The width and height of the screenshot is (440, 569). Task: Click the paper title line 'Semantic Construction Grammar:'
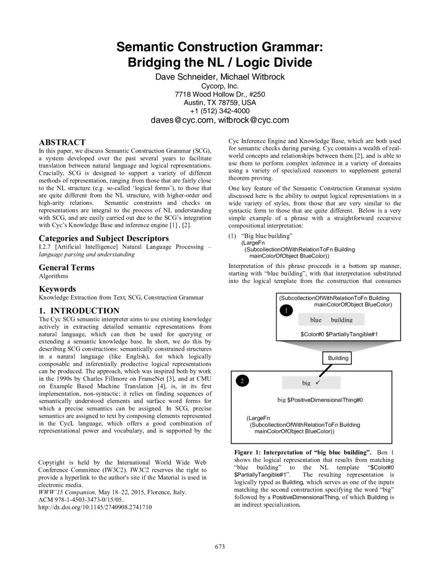tap(219, 48)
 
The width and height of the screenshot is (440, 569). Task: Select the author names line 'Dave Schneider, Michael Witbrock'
tap(219, 77)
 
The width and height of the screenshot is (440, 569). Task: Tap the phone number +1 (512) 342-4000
tap(219, 111)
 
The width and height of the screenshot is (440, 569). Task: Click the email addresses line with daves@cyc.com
tap(219, 121)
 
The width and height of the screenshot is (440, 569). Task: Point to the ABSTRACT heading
tap(62, 142)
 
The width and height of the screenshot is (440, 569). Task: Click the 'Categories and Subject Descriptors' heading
tap(104, 238)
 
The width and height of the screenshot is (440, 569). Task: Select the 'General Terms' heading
tap(67, 267)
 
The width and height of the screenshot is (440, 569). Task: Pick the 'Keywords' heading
tap(57, 289)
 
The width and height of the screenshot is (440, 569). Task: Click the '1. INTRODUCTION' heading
tap(79, 311)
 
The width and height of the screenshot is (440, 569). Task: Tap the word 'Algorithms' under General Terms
tap(53, 276)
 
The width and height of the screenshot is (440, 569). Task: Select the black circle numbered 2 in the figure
tap(242, 382)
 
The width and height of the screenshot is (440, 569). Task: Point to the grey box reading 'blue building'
tap(331, 320)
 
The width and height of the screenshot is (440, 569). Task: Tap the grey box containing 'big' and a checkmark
tap(311, 383)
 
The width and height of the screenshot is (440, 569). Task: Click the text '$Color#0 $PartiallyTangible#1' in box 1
tap(339, 334)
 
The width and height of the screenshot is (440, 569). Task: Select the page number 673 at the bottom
tap(219, 547)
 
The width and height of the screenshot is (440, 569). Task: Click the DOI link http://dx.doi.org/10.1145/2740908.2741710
tap(95, 507)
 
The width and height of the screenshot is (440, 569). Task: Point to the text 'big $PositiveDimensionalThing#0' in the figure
tap(320, 400)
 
